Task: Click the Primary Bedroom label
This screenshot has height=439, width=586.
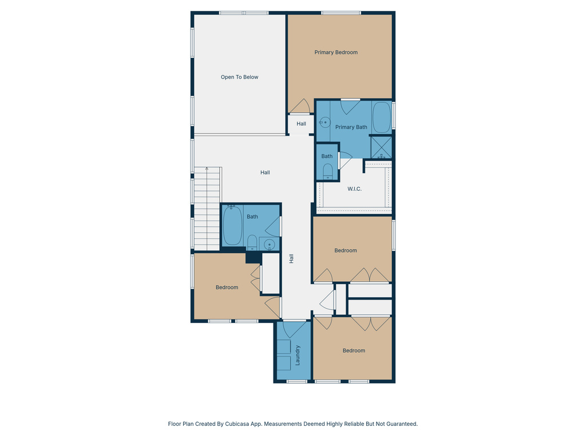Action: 336,53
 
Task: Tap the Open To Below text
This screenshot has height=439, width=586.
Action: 240,77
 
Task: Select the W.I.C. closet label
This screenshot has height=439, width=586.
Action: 354,189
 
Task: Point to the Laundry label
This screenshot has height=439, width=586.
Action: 298,355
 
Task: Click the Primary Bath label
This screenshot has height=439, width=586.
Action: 351,127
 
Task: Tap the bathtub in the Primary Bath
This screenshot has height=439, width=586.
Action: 382,117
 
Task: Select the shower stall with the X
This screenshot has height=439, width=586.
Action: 381,147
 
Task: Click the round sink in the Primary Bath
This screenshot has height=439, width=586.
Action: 324,122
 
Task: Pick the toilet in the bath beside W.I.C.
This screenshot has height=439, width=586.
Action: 328,171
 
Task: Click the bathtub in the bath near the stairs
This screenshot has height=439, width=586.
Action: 232,225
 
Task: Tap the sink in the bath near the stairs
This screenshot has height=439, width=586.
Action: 270,245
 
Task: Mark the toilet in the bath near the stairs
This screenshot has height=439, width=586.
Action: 252,242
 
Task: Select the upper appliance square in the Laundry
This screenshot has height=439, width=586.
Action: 284,347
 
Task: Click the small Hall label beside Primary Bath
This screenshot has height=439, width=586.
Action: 301,124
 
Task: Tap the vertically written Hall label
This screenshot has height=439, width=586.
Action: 291,258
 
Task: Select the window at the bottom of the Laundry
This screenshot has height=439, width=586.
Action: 297,381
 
